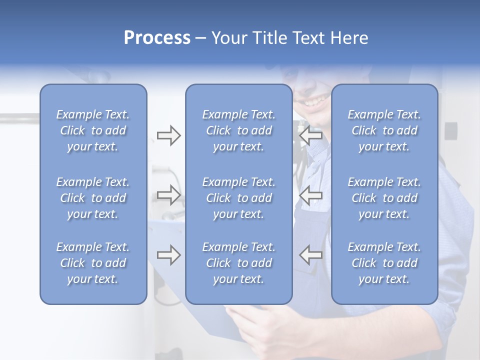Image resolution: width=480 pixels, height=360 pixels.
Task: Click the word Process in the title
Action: [157, 38]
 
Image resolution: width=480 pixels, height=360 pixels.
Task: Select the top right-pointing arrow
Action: [168, 135]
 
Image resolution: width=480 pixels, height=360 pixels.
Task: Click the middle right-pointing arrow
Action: [168, 194]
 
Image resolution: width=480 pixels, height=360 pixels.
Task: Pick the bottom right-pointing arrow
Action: [168, 255]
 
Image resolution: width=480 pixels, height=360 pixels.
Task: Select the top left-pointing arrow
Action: [310, 135]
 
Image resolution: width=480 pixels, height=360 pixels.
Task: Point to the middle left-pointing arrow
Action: [310, 194]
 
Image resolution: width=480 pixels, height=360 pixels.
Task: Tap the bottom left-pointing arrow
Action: [310, 255]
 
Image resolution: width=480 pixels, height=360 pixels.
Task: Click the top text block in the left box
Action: [93, 130]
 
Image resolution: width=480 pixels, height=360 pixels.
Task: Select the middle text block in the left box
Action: [93, 198]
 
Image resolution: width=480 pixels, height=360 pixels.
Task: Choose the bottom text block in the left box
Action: [93, 263]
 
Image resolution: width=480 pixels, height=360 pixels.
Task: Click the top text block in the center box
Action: [238, 130]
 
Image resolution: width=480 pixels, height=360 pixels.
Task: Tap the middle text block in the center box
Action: [238, 198]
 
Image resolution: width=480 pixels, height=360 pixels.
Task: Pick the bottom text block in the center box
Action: [238, 263]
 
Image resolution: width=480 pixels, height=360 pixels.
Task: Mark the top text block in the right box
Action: [384, 130]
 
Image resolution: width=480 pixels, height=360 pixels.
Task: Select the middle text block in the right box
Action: [384, 198]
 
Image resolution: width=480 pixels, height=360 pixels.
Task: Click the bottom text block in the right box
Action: [384, 263]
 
